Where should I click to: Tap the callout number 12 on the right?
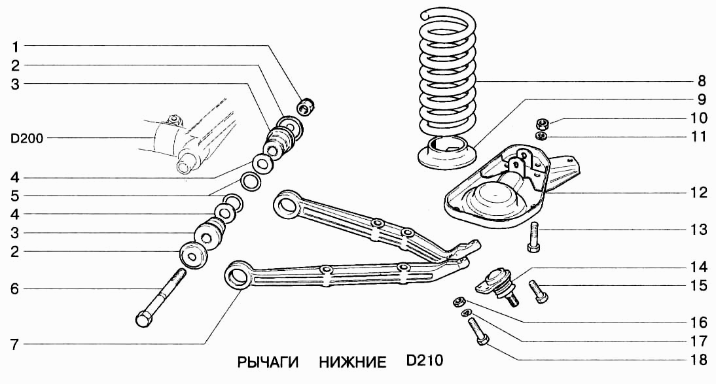pos(699,193)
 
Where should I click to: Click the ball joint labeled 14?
pos(500,283)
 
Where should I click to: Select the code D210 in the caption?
pos(424,362)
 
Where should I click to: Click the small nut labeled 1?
pos(306,105)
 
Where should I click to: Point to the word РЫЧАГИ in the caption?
pos(268,362)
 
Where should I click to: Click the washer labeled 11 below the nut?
pos(541,135)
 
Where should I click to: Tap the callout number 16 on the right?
pos(698,323)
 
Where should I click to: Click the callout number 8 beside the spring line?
pos(701,82)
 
